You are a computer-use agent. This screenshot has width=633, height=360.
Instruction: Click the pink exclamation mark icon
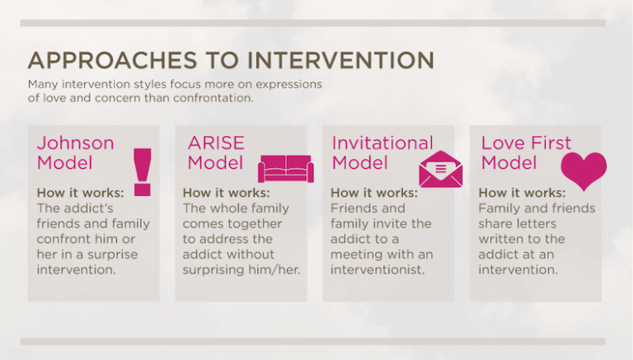pos(143,171)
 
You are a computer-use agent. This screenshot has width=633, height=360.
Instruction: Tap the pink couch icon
pos(285,168)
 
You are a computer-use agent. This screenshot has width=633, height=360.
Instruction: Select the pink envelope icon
pos(440,169)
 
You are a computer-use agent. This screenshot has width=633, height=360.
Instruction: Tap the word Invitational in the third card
pos(382,143)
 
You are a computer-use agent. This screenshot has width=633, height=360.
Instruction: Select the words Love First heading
pos(526,143)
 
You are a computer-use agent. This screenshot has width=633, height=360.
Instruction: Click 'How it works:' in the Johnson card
pos(80,194)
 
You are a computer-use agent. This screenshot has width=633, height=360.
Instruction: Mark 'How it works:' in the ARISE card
pos(226,194)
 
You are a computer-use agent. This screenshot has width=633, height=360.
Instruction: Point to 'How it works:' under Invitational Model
pos(373,194)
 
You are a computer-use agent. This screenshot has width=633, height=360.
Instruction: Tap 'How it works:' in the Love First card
pos(521,194)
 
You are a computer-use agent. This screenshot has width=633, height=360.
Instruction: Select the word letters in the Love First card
pos(538,224)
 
